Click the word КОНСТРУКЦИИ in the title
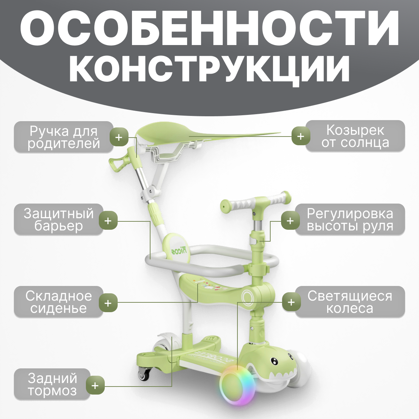(209, 68)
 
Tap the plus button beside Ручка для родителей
(119, 137)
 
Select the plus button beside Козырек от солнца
(301, 136)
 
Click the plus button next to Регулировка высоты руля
(290, 221)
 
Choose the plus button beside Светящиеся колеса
(291, 302)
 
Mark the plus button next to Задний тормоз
(95, 385)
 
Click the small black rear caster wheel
(144, 374)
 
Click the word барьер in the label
(59, 226)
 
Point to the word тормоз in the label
(52, 391)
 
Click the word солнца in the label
(355, 143)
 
